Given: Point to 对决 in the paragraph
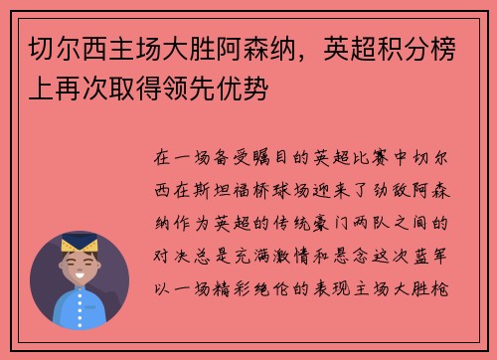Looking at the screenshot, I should point(169,239).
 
